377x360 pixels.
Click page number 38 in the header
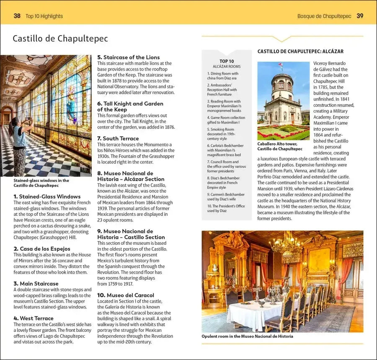click(x=17, y=16)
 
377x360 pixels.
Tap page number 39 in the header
click(x=360, y=16)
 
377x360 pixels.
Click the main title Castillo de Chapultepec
click(x=60, y=39)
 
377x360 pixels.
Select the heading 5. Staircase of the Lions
click(x=129, y=57)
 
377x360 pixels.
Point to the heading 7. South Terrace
click(x=118, y=138)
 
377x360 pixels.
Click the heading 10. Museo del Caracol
click(x=126, y=295)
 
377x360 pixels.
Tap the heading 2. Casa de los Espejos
click(x=42, y=249)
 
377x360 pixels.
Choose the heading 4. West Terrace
click(x=34, y=318)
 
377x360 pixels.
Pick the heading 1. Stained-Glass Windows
click(x=47, y=197)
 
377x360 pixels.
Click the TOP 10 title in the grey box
click(x=227, y=61)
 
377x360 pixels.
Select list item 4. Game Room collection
click(x=226, y=120)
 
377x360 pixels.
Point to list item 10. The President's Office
click(x=226, y=208)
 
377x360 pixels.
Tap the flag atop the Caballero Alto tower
click(x=280, y=66)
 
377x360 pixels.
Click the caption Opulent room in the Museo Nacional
click(x=247, y=336)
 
